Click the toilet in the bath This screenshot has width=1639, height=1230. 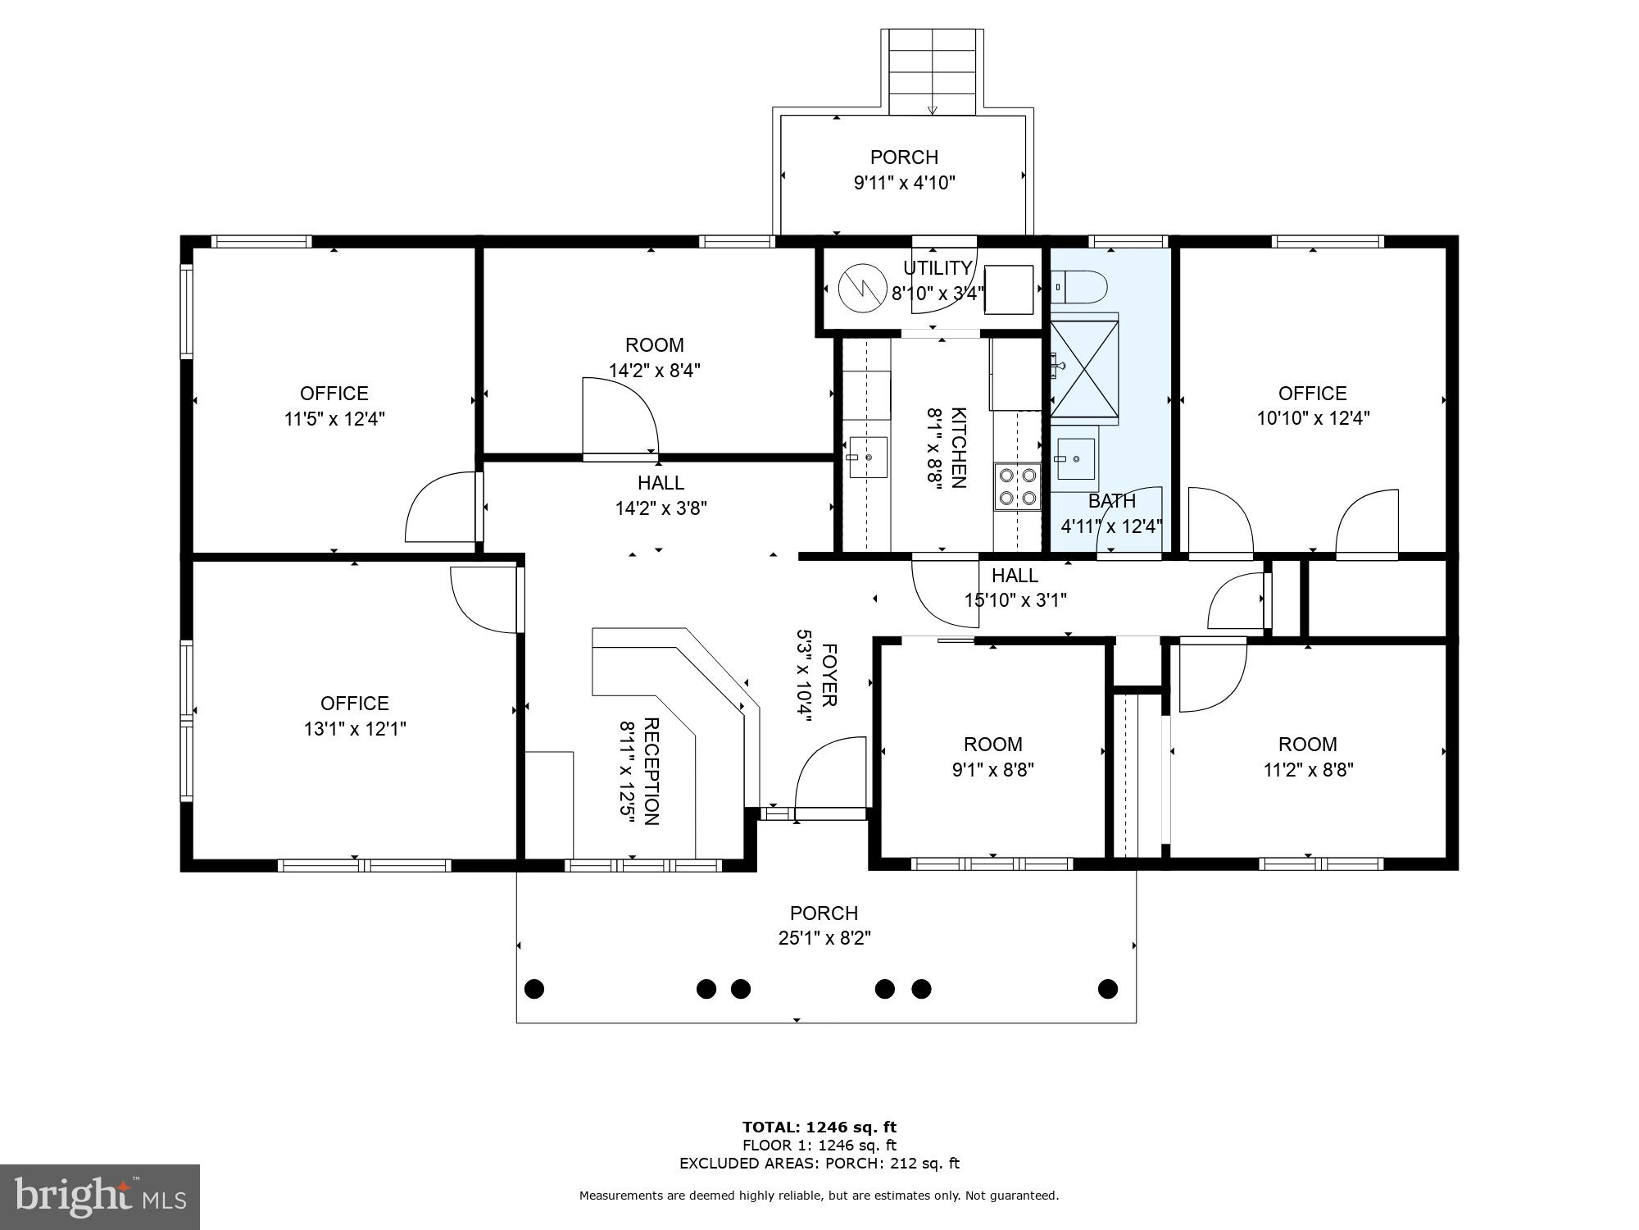pyautogui.click(x=1079, y=288)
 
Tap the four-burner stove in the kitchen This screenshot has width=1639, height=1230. pyautogui.click(x=1017, y=486)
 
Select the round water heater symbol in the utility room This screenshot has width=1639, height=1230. pyautogui.click(x=864, y=288)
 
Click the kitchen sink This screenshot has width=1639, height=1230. pyautogui.click(x=868, y=457)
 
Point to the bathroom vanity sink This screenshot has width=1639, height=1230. pyautogui.click(x=1076, y=458)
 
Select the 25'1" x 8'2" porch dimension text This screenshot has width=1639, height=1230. pyautogui.click(x=824, y=938)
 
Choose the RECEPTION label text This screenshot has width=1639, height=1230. pyautogui.click(x=652, y=772)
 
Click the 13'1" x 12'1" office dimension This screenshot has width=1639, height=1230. pyautogui.click(x=355, y=729)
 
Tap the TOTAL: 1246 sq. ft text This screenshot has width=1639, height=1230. pyautogui.click(x=819, y=1127)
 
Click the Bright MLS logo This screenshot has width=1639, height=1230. pyautogui.click(x=100, y=1197)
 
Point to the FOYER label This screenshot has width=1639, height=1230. pyautogui.click(x=829, y=675)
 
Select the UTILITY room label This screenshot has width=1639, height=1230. pyautogui.click(x=938, y=268)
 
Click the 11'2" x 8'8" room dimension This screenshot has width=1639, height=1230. pyautogui.click(x=1308, y=770)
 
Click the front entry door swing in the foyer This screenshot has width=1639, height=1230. pyautogui.click(x=830, y=772)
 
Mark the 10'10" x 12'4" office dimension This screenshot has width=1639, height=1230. pyautogui.click(x=1313, y=418)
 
